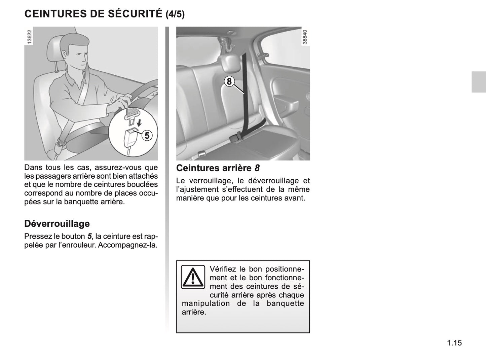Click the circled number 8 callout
pyautogui.click(x=229, y=82)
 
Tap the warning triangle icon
pyautogui.click(x=193, y=277)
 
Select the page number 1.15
pyautogui.click(x=455, y=343)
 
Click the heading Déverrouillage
pyautogui.click(x=57, y=224)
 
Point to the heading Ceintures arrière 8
pyautogui.click(x=218, y=168)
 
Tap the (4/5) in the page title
pyautogui.click(x=175, y=14)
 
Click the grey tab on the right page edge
pyautogui.click(x=478, y=82)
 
